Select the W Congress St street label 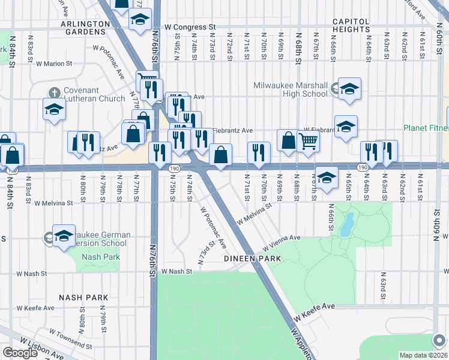(190, 27)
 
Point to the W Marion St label (53, 62)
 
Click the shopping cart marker (308, 141)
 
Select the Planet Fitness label (425, 128)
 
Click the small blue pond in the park (346, 226)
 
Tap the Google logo (19, 353)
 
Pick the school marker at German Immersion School (63, 235)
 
